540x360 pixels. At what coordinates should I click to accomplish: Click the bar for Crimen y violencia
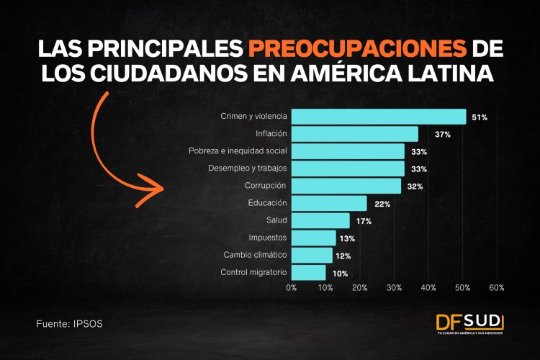pos(379,117)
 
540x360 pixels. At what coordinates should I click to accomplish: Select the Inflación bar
pos(355,134)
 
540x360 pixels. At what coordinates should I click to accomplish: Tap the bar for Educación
pos(329,204)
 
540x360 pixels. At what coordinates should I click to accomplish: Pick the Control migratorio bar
pos(309,273)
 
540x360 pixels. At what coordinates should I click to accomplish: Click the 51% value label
pos(480,117)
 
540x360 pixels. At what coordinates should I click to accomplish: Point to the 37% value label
pos(442,135)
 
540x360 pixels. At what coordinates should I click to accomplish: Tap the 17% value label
pos(364,221)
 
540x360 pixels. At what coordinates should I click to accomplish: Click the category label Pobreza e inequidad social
pos(238,151)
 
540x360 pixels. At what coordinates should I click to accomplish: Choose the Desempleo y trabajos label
pos(247,168)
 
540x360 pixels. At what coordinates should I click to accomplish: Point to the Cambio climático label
pos(255,255)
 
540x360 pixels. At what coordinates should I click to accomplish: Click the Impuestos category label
pos(268,238)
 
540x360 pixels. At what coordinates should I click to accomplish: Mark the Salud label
pos(276,220)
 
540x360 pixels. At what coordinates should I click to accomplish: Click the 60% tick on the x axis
pos(496,287)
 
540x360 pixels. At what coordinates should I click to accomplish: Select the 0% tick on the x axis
pos(292,287)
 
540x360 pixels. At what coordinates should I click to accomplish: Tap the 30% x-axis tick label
pos(394,287)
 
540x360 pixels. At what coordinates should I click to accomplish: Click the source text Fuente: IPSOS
pos(69,324)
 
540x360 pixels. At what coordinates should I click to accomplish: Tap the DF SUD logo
pos(469,324)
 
